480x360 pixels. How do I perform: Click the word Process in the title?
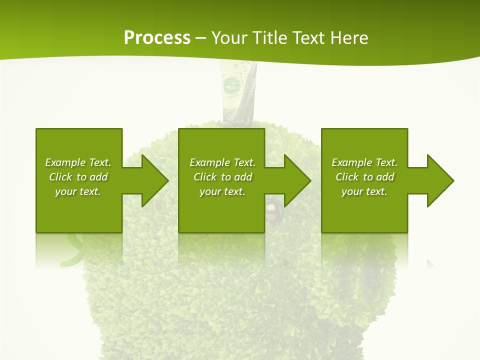click(157, 37)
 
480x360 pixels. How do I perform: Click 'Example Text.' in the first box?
click(78, 162)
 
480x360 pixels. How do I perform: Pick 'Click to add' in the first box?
click(78, 177)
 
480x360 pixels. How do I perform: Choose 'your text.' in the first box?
click(78, 191)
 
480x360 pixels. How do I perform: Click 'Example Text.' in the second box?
click(222, 162)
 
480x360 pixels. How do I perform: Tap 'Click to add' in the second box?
click(222, 177)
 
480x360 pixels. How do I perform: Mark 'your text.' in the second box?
click(222, 191)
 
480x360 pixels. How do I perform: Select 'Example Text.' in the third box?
click(364, 162)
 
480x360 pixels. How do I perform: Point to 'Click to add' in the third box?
click(364, 177)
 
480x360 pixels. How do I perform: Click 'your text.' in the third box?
click(364, 191)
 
